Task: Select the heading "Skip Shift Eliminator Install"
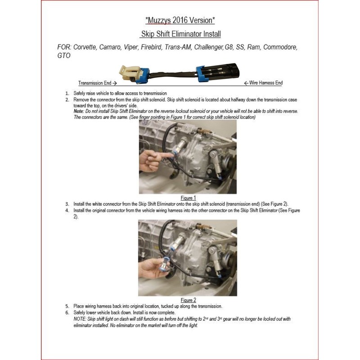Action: [180, 34]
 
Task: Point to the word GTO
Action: [64, 56]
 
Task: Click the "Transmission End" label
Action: [97, 83]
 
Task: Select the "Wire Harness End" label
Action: [263, 83]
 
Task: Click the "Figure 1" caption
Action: [188, 198]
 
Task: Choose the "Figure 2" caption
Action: [188, 300]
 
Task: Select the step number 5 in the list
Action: [67, 306]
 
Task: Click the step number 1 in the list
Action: [67, 93]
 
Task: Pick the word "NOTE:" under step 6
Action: [80, 319]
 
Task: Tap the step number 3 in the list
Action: [67, 204]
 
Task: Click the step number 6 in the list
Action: [67, 313]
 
